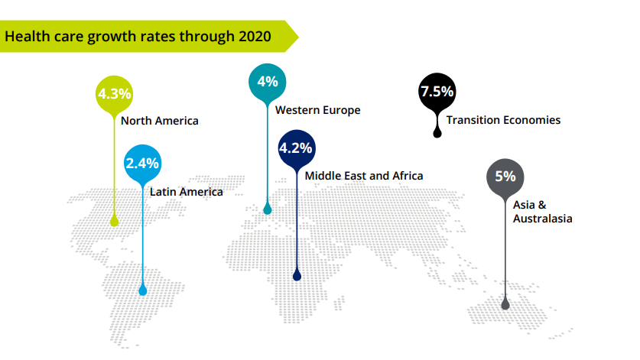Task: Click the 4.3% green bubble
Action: tap(115, 94)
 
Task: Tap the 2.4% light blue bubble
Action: tap(142, 163)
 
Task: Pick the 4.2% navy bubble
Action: tap(297, 148)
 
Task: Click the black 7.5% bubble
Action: tap(437, 92)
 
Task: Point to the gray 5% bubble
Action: tap(505, 177)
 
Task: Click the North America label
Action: tap(159, 121)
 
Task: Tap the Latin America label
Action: tap(186, 192)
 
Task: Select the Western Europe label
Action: tap(317, 110)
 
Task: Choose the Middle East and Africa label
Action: tap(363, 176)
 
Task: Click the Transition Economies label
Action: tap(503, 120)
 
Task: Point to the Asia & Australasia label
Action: tap(542, 212)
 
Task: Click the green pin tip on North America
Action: tap(115, 221)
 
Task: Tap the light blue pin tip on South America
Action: tap(142, 290)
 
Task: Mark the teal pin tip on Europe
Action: tap(267, 208)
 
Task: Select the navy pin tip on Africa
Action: tap(297, 275)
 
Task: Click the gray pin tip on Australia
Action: tap(505, 304)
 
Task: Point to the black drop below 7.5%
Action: tap(437, 131)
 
